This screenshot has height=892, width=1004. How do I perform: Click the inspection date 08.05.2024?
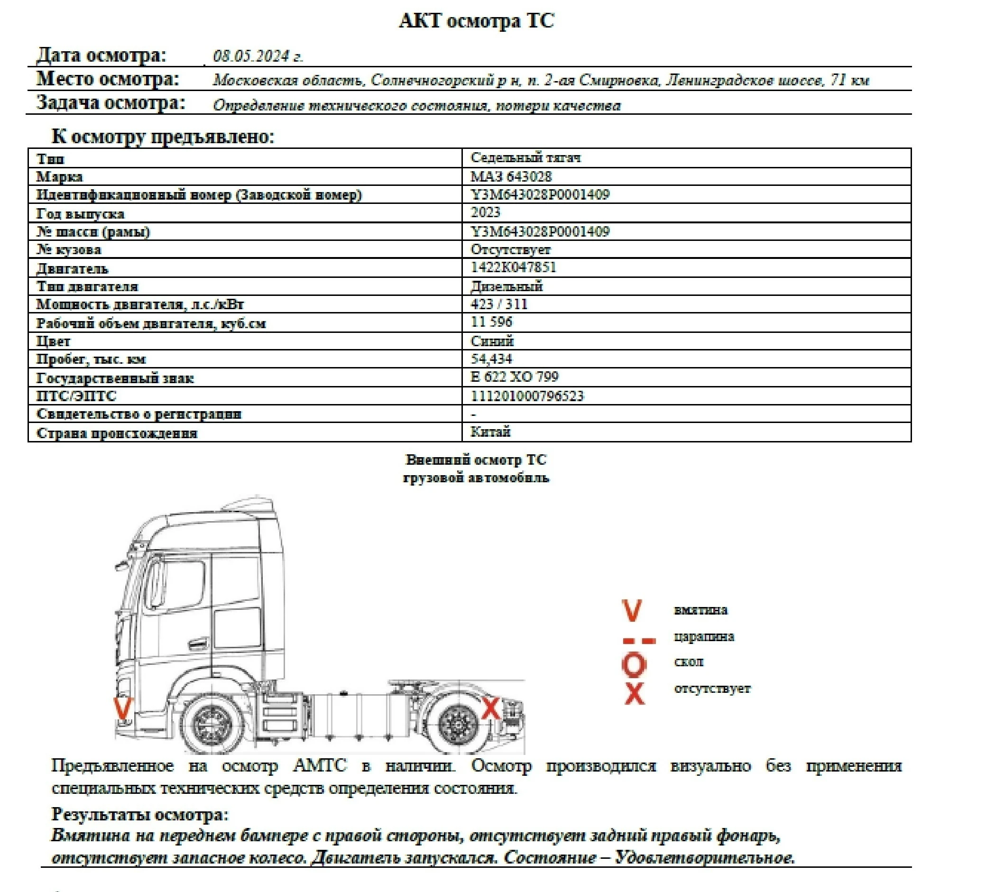(x=258, y=56)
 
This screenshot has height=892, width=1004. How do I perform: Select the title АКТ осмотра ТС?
(x=476, y=21)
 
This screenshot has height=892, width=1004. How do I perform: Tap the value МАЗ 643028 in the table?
(x=511, y=176)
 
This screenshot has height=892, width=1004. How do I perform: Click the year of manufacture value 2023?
(x=485, y=212)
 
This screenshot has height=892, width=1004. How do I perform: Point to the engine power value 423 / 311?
(x=499, y=304)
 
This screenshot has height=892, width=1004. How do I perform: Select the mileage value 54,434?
(x=491, y=359)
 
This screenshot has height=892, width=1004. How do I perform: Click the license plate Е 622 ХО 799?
(x=514, y=377)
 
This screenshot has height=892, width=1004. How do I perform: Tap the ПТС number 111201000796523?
(x=527, y=396)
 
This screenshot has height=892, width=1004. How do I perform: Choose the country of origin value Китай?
(x=490, y=432)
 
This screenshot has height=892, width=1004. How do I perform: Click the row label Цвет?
(x=53, y=341)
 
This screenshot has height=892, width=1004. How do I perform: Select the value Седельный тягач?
(x=525, y=157)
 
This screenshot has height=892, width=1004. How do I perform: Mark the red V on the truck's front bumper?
(x=122, y=708)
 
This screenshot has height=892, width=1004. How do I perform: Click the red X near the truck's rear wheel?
(x=490, y=708)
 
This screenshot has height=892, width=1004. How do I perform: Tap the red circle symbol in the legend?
(x=634, y=664)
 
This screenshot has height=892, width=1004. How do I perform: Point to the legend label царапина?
(x=704, y=637)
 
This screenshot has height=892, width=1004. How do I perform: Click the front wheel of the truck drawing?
(x=212, y=724)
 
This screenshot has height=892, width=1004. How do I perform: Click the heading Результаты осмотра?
(x=140, y=815)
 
